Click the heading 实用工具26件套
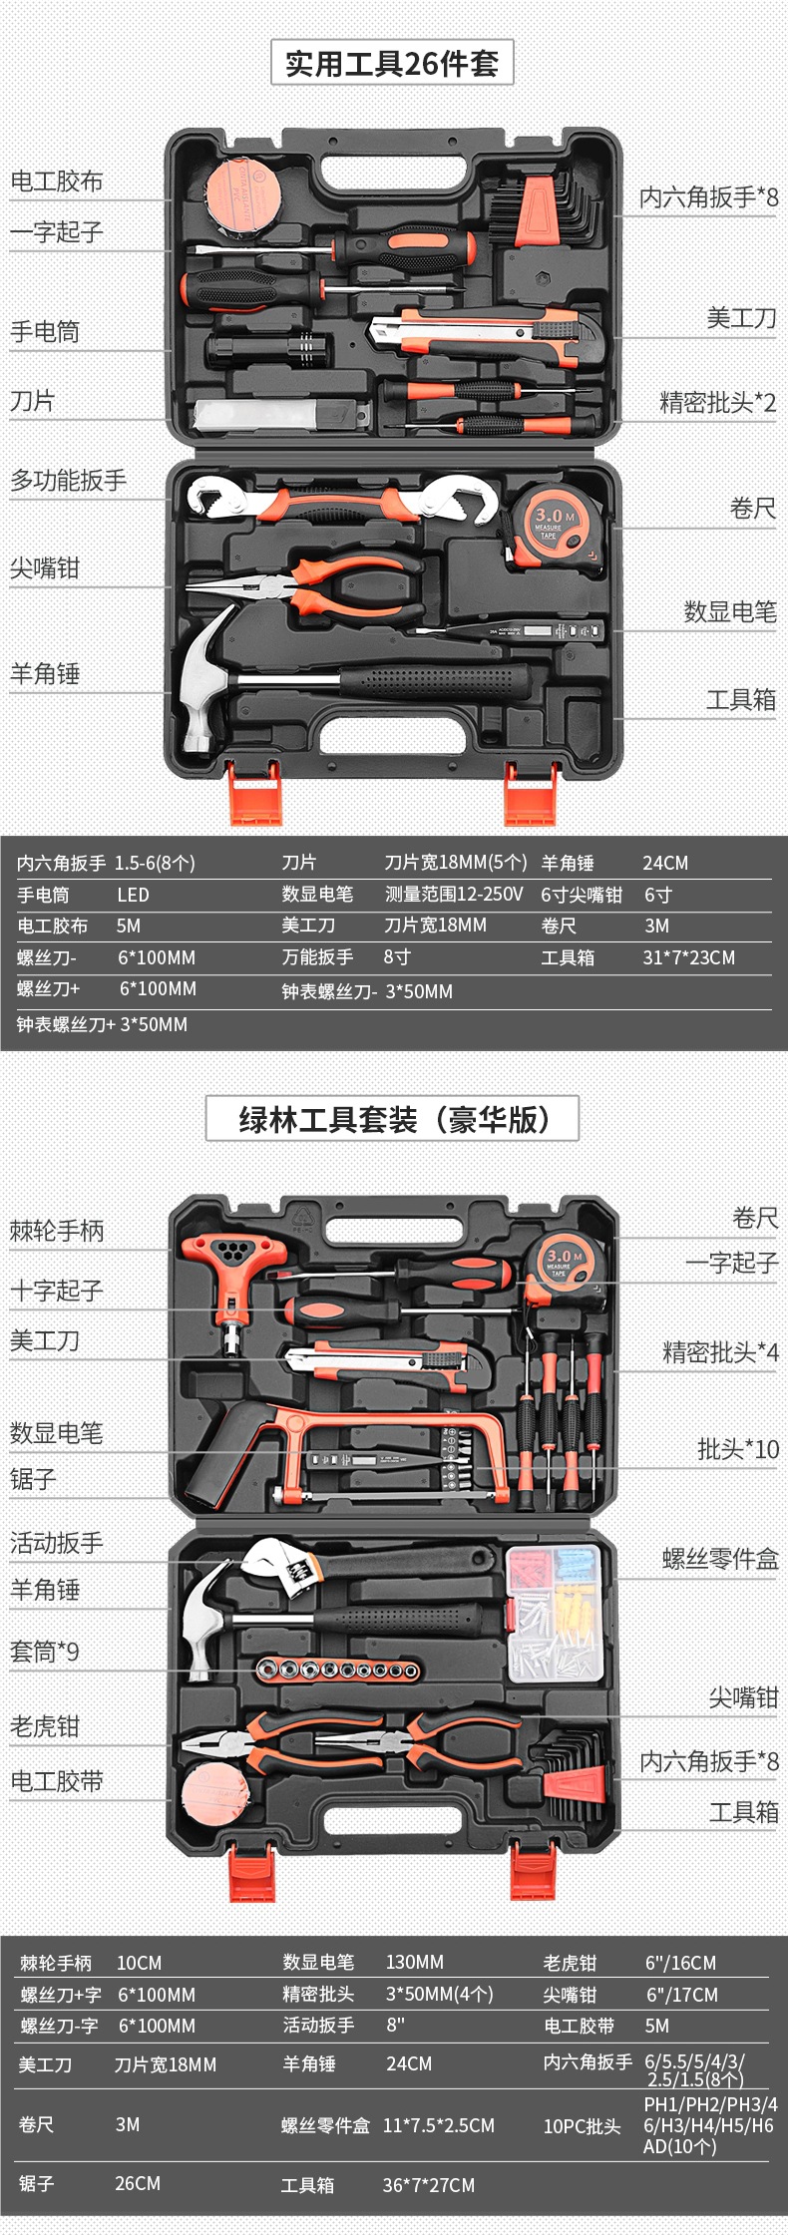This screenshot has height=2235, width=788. [392, 64]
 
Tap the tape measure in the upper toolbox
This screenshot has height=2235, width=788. [554, 525]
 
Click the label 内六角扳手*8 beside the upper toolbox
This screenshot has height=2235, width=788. [708, 197]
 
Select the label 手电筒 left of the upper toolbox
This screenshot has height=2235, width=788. [45, 332]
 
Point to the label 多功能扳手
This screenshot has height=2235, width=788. [69, 481]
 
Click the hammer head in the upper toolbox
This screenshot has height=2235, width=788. [204, 678]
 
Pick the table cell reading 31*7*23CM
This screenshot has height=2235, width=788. [688, 957]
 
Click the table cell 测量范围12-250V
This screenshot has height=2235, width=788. [454, 895]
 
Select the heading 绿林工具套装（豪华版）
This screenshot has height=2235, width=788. [392, 1119]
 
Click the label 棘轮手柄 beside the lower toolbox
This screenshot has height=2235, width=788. [57, 1231]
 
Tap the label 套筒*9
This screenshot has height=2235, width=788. [45, 1653]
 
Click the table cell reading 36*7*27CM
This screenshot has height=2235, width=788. [429, 2185]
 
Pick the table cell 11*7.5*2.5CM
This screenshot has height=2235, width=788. [439, 2125]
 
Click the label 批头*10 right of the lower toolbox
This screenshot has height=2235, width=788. [738, 1449]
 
